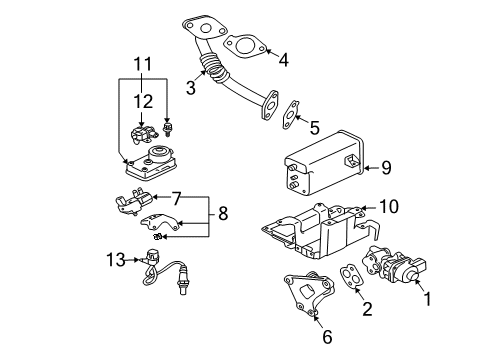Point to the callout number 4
(283, 59)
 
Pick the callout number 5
(315, 127)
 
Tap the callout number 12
(146, 102)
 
